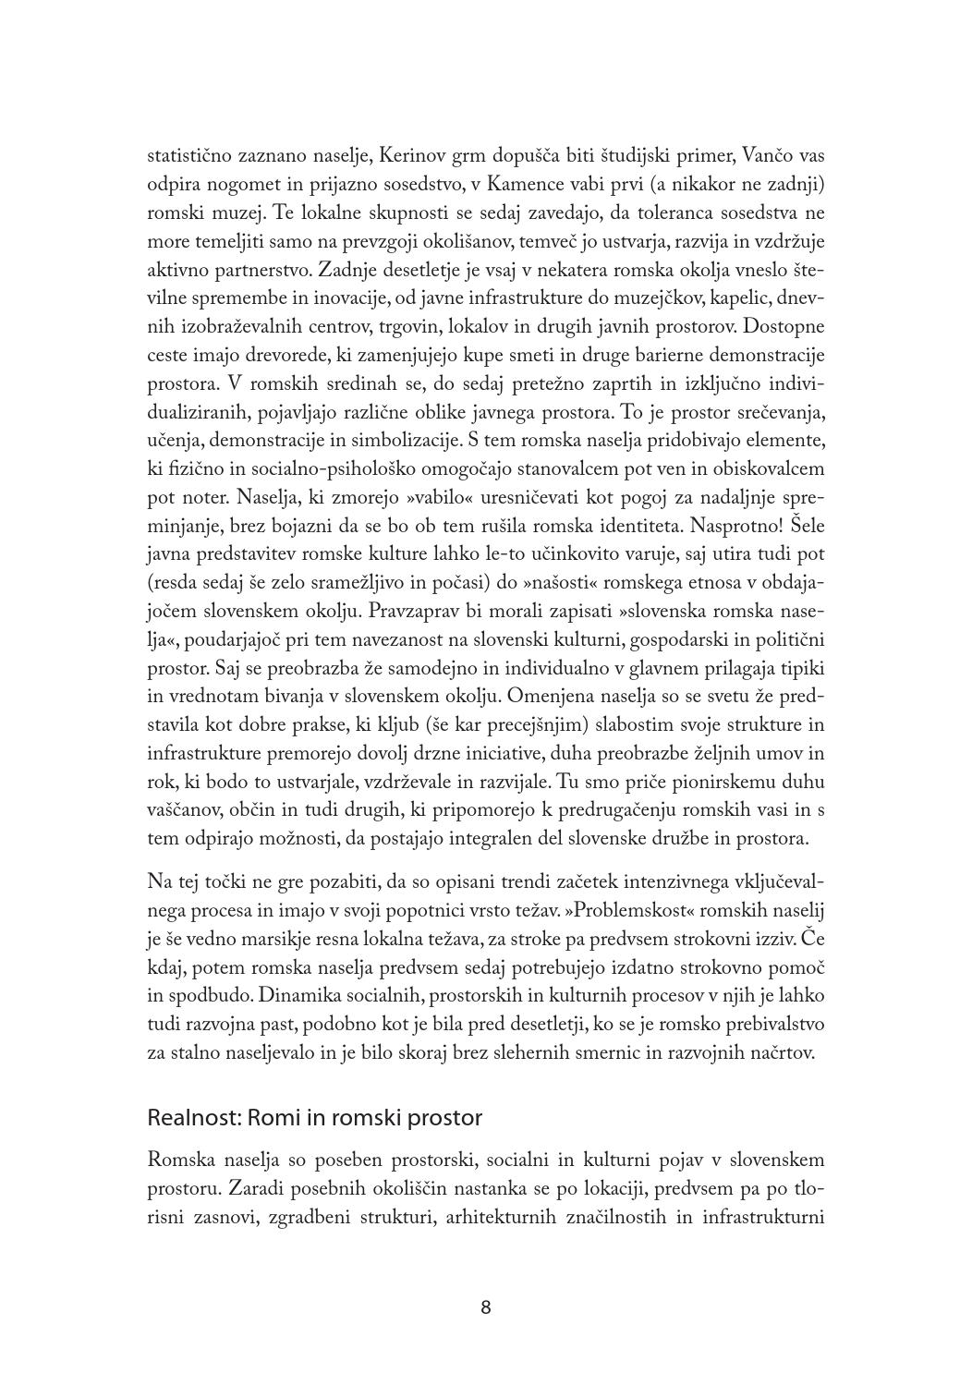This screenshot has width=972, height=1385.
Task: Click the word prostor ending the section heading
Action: pos(447,1118)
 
